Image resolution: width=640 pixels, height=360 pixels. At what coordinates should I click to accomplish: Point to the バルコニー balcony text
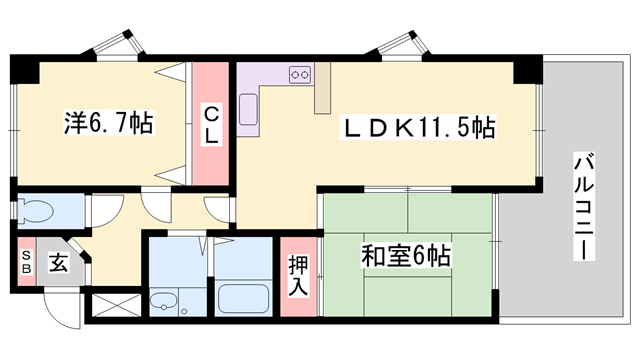coord(581,206)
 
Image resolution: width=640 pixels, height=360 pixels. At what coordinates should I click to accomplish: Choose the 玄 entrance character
coord(58,264)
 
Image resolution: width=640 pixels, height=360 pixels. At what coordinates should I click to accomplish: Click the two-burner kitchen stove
coord(299,74)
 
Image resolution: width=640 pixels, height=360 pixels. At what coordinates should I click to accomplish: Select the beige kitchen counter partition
coord(323,88)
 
